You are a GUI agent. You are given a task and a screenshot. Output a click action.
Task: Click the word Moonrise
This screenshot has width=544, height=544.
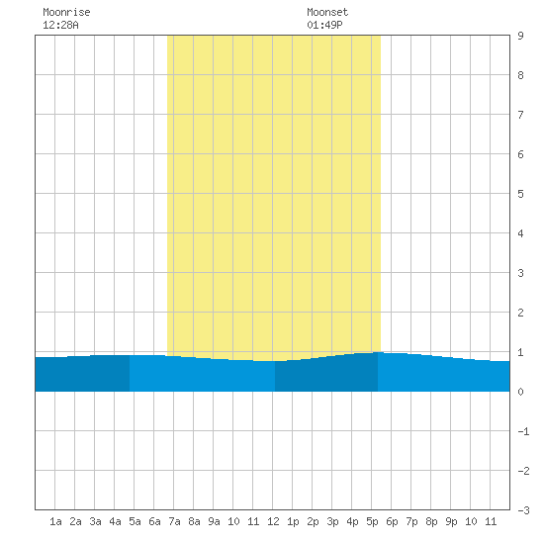pos(66,13)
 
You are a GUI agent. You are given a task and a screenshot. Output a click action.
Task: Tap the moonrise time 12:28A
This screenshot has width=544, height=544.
pos(60,25)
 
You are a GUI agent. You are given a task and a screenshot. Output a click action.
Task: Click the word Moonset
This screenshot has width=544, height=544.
pos(327,13)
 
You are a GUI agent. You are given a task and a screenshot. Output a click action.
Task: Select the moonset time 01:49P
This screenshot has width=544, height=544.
pos(324,25)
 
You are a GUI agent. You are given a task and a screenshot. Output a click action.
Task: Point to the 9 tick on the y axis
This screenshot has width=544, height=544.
pos(520,36)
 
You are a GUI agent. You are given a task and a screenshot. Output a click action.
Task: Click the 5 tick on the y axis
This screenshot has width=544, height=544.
pos(520,194)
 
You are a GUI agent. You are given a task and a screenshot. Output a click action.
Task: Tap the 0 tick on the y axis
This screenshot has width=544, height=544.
pos(520,392)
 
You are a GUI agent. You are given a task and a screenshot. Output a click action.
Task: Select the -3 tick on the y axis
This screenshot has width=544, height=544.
pos(523,510)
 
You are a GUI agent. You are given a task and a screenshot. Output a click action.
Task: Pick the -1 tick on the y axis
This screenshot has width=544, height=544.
pos(523,431)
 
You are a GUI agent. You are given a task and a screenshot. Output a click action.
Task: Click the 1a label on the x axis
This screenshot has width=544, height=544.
pos(55,521)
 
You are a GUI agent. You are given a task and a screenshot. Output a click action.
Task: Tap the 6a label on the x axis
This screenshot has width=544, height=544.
pos(154,521)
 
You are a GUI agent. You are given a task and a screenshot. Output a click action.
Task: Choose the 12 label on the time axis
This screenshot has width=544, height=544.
pos(273,521)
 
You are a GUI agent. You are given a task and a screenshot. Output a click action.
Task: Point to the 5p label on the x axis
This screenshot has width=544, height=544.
pos(372,521)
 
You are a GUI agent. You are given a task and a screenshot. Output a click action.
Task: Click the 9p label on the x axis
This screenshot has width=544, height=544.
pos(451,521)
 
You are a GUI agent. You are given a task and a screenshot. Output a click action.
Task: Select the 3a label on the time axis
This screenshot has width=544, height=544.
pos(95,521)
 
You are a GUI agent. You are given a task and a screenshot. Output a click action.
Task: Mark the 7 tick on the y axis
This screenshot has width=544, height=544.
pos(520,115)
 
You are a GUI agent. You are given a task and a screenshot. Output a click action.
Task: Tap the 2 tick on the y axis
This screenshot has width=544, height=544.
pos(520,313)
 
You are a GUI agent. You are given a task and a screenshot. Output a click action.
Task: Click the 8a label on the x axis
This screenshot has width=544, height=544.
pos(194,521)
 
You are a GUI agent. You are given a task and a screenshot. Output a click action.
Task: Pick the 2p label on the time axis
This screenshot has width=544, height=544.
pos(313,521)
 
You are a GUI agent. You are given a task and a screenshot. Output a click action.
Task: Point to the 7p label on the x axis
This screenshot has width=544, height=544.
pos(411,521)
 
